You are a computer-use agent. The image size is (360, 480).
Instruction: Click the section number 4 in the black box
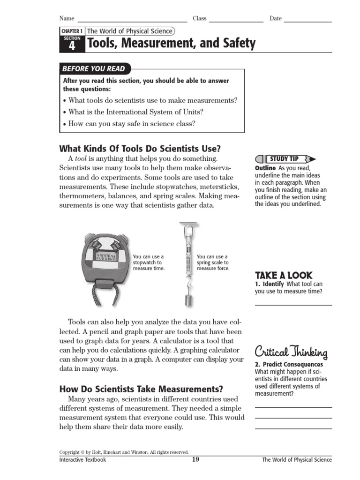pyautogui.click(x=72, y=45)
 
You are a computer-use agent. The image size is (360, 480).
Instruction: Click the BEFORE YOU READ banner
pyautogui.click(x=94, y=68)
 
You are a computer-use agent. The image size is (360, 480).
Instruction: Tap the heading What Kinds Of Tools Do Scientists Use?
pyautogui.click(x=140, y=149)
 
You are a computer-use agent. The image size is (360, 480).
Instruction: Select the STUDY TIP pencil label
pyautogui.click(x=284, y=159)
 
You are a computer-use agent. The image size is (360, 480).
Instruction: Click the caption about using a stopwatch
pyautogui.click(x=149, y=262)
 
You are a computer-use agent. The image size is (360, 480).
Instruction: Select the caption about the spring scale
pyautogui.click(x=213, y=262)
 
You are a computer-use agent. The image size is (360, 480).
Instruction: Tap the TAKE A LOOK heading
pyautogui.click(x=284, y=275)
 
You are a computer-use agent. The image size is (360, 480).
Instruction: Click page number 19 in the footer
pyautogui.click(x=195, y=459)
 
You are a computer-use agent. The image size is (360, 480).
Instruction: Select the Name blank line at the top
pyautogui.click(x=132, y=21)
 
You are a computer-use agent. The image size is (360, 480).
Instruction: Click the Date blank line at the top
pyautogui.click(x=307, y=21)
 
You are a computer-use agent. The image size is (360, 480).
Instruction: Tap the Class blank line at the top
pyautogui.click(x=236, y=21)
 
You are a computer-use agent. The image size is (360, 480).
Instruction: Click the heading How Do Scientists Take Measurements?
pyautogui.click(x=141, y=389)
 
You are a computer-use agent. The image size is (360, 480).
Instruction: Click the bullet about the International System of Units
pyautogui.click(x=136, y=112)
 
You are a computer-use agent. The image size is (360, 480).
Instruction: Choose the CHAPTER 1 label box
pyautogui.click(x=72, y=31)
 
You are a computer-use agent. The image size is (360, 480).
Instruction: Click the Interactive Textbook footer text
pyautogui.click(x=82, y=460)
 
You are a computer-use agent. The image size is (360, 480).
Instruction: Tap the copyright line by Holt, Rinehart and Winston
pyautogui.click(x=124, y=452)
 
